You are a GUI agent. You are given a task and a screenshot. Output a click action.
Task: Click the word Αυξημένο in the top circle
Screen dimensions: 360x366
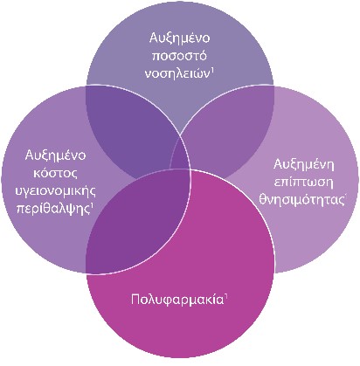pos(179,38)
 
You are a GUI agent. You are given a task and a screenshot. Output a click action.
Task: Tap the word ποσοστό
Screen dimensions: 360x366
pos(179,56)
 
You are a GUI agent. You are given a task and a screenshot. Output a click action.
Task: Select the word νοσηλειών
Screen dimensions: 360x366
pos(177,73)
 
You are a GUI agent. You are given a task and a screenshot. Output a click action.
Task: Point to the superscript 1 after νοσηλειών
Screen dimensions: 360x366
pos(212,71)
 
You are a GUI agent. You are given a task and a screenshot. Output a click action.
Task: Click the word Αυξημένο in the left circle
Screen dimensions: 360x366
pos(55,155)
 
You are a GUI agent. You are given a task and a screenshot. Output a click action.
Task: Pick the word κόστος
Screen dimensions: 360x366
pos(55,174)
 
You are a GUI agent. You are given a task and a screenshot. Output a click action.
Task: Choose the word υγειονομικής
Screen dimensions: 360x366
pos(55,191)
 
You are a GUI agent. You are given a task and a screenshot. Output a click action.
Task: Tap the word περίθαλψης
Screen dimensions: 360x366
pos(53,209)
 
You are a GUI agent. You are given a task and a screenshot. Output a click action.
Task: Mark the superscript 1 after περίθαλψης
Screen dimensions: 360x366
pos(92,206)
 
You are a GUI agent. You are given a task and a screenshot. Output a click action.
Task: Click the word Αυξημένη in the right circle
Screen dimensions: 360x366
pos(304,165)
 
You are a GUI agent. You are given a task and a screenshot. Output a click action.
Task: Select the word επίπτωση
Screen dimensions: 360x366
pos(303,183)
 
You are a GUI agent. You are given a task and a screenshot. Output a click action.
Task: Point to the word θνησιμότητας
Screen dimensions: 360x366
pos(301,200)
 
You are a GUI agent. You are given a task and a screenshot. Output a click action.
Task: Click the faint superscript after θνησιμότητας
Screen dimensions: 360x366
pos(346,197)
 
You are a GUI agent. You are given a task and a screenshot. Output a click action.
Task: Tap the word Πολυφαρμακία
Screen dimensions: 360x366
pos(177,300)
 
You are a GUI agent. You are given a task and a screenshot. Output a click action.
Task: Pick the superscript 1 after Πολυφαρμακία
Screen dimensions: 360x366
pos(225,297)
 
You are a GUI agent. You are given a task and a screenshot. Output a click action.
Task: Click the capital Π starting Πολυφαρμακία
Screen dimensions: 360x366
pos(135,300)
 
